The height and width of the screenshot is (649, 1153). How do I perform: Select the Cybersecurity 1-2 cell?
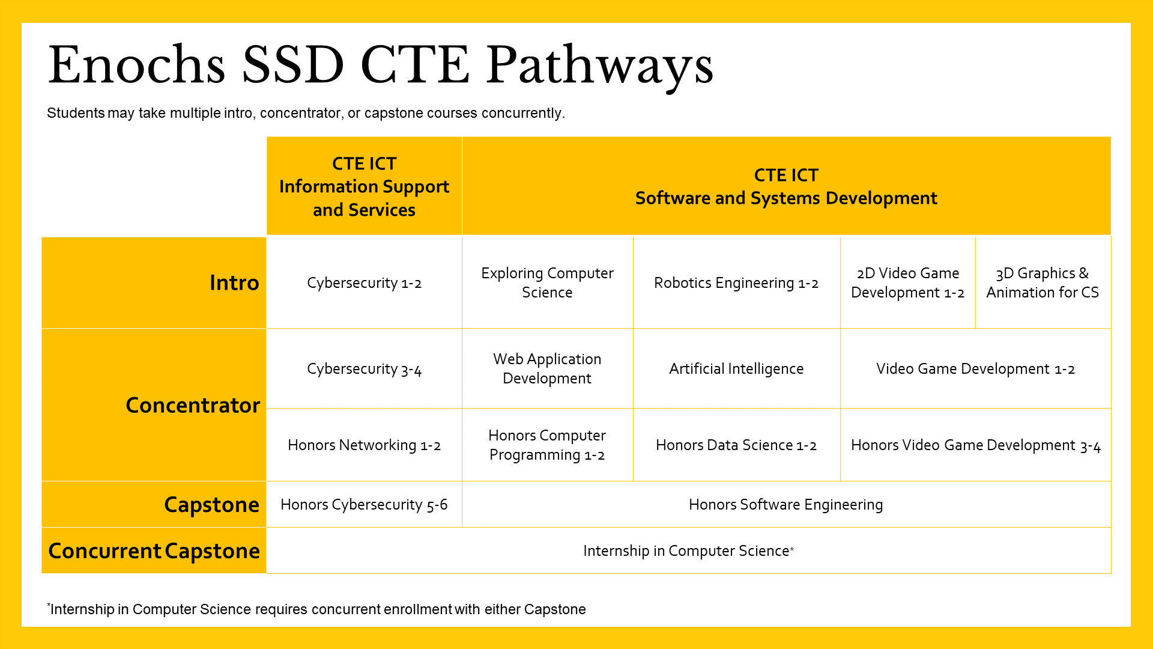(x=365, y=282)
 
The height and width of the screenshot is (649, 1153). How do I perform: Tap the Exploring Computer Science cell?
(x=548, y=282)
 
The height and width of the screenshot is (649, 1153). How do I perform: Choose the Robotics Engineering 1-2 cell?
(x=737, y=282)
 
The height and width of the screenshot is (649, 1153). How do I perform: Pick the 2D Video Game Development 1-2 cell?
(x=908, y=282)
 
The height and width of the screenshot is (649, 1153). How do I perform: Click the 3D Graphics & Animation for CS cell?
(x=1043, y=282)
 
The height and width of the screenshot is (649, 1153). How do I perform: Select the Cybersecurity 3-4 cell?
(x=365, y=368)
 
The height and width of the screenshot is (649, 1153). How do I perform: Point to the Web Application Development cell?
(x=548, y=368)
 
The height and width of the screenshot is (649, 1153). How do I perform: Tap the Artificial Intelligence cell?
(x=737, y=368)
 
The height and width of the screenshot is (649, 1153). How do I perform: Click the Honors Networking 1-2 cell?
(x=365, y=445)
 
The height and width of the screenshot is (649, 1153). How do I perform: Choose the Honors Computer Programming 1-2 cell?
(x=548, y=445)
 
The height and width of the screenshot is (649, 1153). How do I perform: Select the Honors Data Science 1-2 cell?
(x=737, y=445)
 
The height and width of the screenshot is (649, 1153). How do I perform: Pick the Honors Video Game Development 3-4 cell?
(x=976, y=445)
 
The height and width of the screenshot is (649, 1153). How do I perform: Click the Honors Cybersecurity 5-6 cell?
(x=365, y=504)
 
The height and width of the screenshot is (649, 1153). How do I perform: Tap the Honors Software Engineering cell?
(x=787, y=504)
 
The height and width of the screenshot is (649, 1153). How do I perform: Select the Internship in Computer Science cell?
(x=689, y=550)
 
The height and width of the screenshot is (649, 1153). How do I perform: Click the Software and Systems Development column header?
(x=787, y=186)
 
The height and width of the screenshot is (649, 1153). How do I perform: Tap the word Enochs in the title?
(x=137, y=65)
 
